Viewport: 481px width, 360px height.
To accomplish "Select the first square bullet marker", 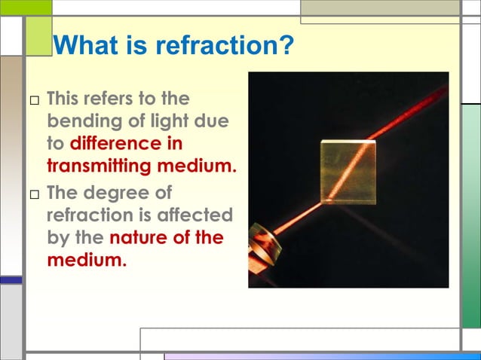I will tap(34, 100).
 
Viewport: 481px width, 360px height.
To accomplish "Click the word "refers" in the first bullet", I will tap(112, 99).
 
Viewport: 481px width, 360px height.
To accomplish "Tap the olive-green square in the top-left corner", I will tap(38, 36).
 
